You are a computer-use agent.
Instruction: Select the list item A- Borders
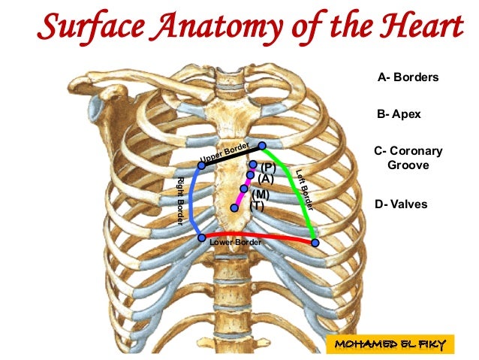click(408, 77)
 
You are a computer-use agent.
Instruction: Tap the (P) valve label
click(268, 167)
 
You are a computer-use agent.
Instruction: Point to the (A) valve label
click(266, 179)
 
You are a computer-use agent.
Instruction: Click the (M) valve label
click(261, 194)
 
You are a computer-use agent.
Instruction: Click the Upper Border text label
click(225, 151)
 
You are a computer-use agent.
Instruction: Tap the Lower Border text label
click(236, 243)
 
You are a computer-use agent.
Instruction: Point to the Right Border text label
click(180, 201)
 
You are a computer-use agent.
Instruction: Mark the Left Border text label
click(305, 186)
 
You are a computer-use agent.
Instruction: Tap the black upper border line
click(233, 155)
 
